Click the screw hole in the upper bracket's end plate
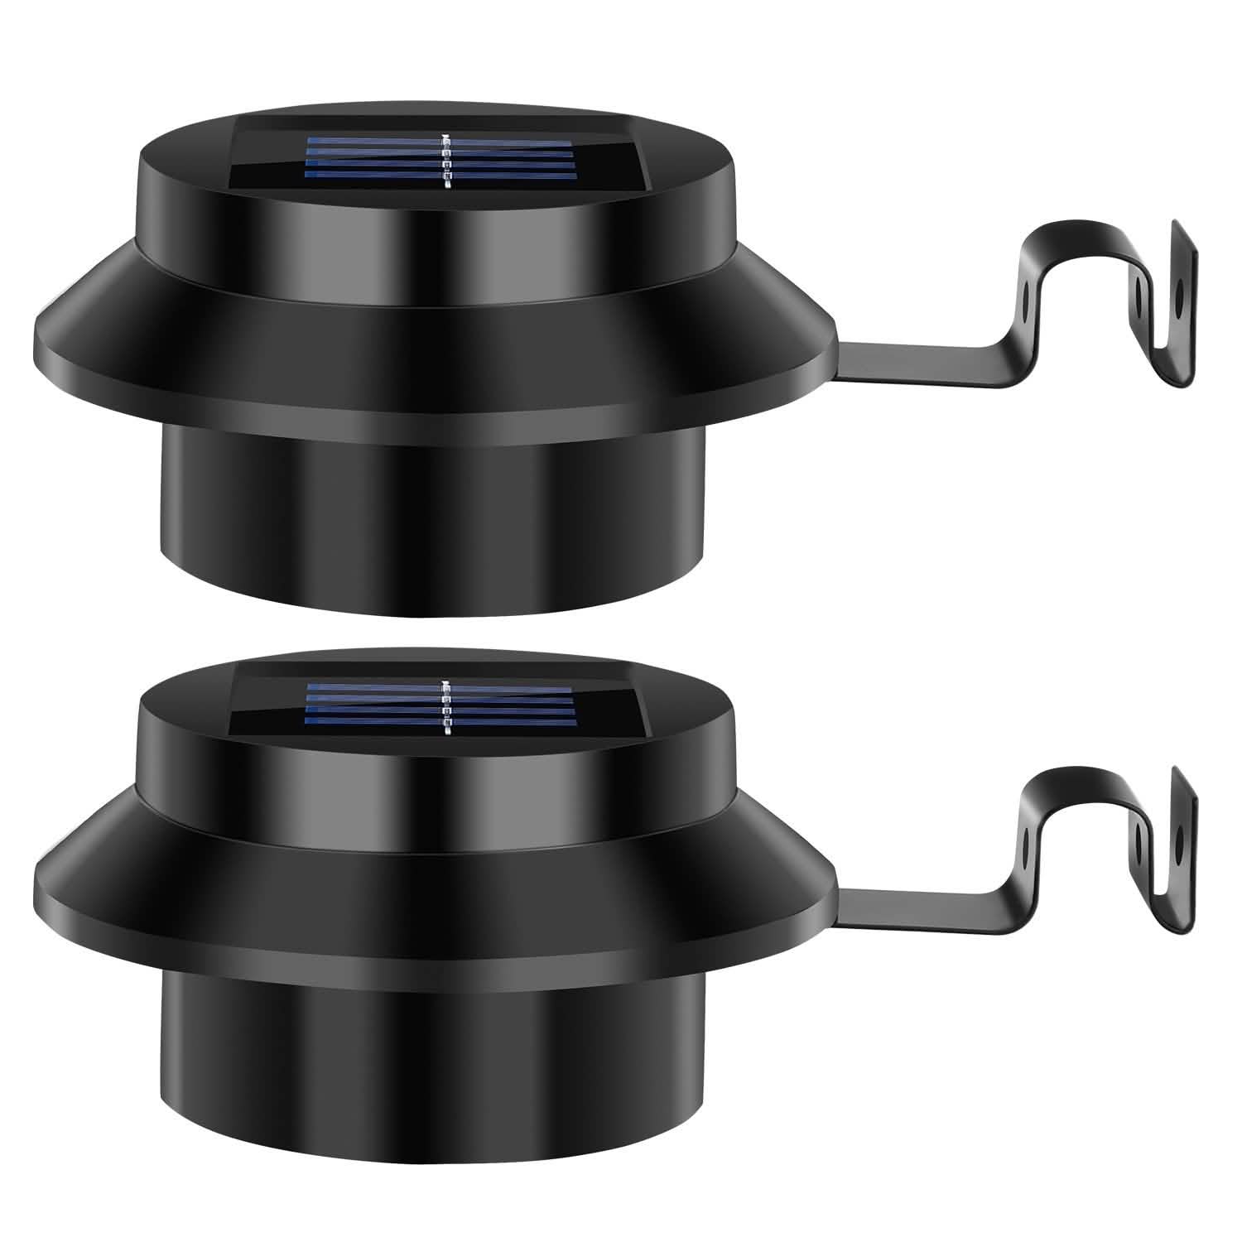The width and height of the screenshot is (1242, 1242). pos(1179,289)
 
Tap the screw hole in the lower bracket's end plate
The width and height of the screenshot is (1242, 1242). pos(1179,835)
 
